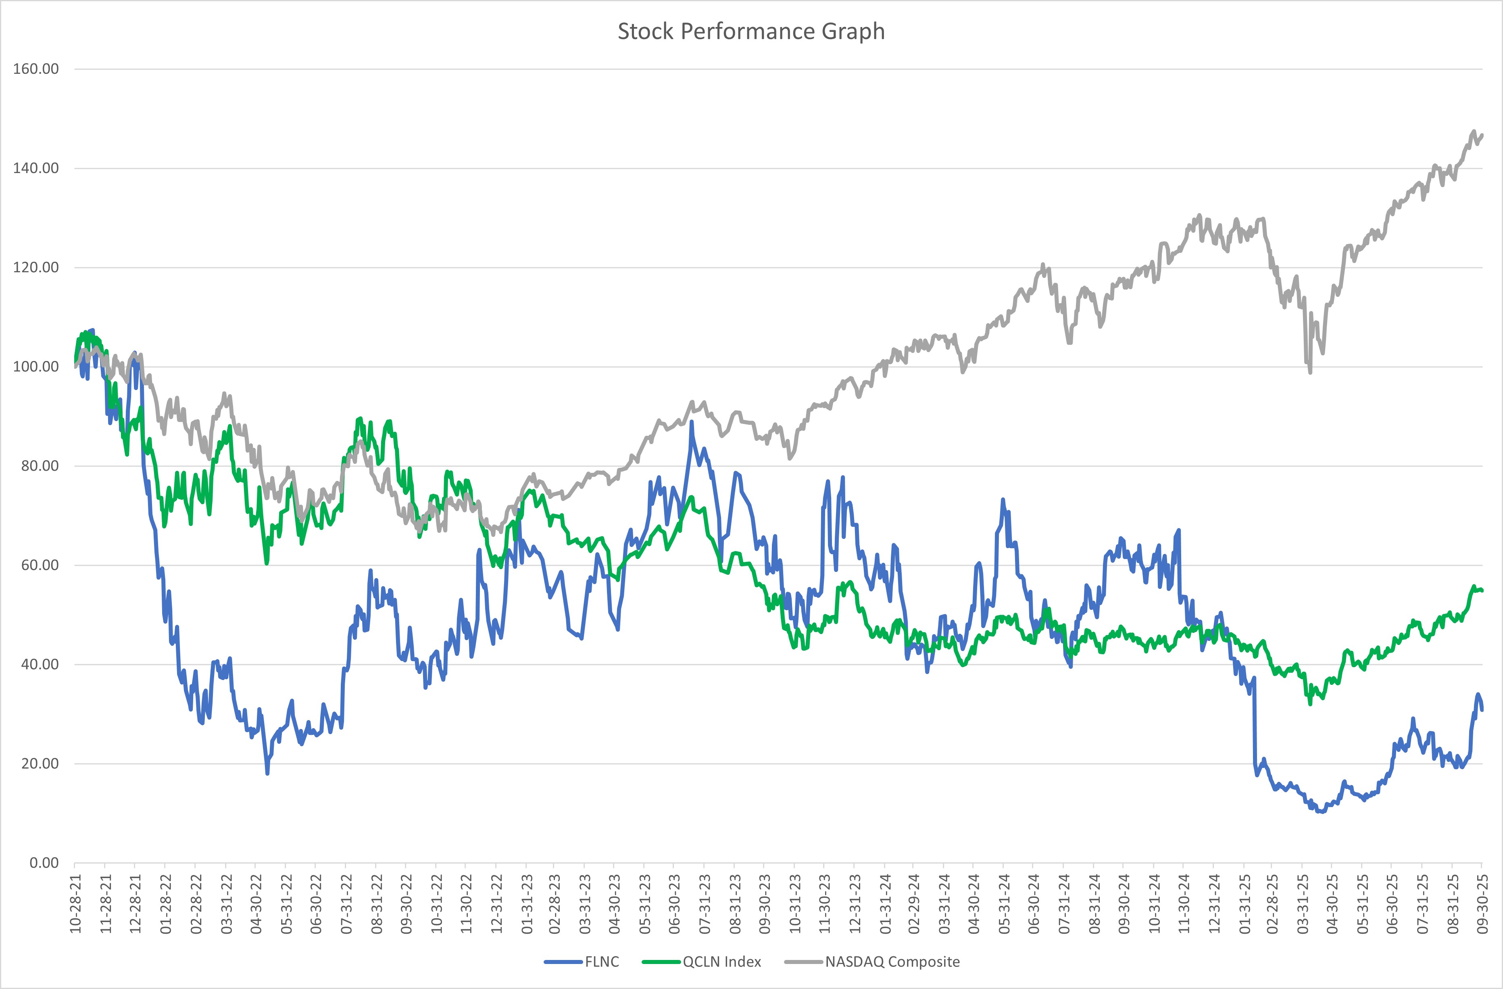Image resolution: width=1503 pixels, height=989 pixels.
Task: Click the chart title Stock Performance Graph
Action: click(x=751, y=31)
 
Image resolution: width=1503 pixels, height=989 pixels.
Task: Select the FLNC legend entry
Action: click(x=601, y=962)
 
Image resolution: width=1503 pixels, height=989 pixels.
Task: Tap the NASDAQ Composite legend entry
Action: click(x=892, y=962)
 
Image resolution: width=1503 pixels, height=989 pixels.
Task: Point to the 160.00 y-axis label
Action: click(x=36, y=69)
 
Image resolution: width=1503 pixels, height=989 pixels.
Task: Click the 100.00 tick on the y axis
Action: click(x=36, y=366)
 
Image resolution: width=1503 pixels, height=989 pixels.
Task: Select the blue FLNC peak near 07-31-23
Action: click(x=691, y=422)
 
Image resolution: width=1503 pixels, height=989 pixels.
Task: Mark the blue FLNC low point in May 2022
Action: click(x=267, y=773)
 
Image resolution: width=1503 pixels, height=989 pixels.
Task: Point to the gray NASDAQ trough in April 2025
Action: click(x=1310, y=373)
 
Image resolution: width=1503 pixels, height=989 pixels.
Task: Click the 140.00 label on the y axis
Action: click(x=36, y=168)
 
